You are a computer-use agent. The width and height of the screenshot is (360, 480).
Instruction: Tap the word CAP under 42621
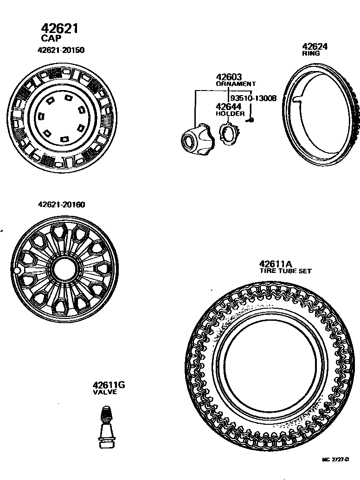pos(51,39)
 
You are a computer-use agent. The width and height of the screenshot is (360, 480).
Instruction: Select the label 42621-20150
pos(61,50)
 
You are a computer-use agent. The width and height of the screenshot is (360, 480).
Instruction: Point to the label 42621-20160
pos(61,205)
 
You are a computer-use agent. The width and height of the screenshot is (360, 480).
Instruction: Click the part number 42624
pos(315,46)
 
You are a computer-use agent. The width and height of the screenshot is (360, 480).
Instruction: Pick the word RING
pos(311,53)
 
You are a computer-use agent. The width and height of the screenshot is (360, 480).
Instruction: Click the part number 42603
pos(229,77)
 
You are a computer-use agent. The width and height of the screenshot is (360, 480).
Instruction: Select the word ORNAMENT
pos(236,84)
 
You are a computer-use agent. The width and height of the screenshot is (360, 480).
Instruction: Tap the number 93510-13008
pos(253,98)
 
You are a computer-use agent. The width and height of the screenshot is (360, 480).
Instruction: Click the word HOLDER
pos(230,113)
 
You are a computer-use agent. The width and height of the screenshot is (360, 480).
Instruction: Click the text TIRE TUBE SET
pos(285,271)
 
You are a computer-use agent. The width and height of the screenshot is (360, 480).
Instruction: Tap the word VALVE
pos(105,392)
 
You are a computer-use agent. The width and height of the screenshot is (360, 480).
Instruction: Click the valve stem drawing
pos(107,427)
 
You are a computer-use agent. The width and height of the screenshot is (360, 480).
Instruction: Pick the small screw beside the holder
pos(251,120)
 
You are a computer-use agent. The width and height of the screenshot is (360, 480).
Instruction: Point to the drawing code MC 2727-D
pos(335,460)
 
